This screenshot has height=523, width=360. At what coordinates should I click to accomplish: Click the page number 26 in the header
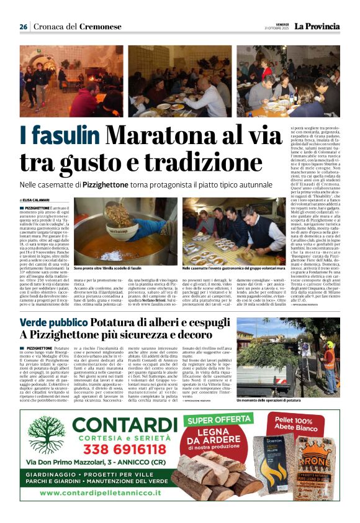23,27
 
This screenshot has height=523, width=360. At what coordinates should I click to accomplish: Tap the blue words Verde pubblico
53,323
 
